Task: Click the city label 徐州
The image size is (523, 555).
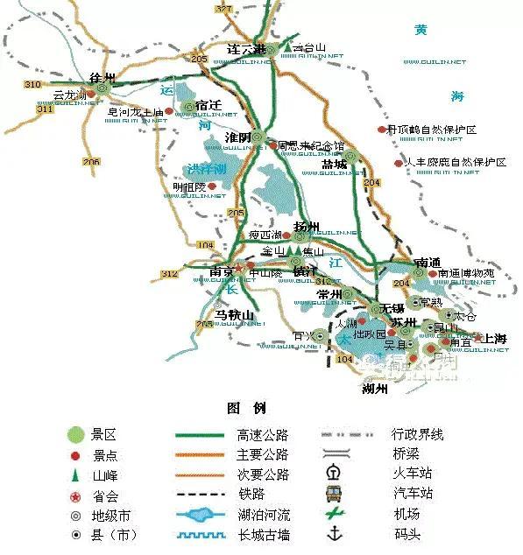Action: pyautogui.click(x=91, y=77)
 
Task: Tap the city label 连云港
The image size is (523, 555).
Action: pyautogui.click(x=245, y=49)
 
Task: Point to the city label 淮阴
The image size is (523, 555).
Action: pyautogui.click(x=237, y=137)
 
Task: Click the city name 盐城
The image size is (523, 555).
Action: pyautogui.click(x=334, y=164)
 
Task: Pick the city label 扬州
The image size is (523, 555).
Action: pyautogui.click(x=309, y=227)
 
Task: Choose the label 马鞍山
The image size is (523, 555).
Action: pyautogui.click(x=233, y=314)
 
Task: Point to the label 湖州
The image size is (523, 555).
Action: pyautogui.click(x=374, y=389)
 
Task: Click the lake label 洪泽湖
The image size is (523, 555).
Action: pyautogui.click(x=205, y=168)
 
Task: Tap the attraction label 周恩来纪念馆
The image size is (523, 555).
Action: pyautogui.click(x=311, y=145)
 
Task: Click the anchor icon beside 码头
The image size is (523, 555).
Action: pyautogui.click(x=333, y=533)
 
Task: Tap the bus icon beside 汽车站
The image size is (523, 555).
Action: pyautogui.click(x=333, y=494)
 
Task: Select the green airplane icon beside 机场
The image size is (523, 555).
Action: pyautogui.click(x=333, y=514)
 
